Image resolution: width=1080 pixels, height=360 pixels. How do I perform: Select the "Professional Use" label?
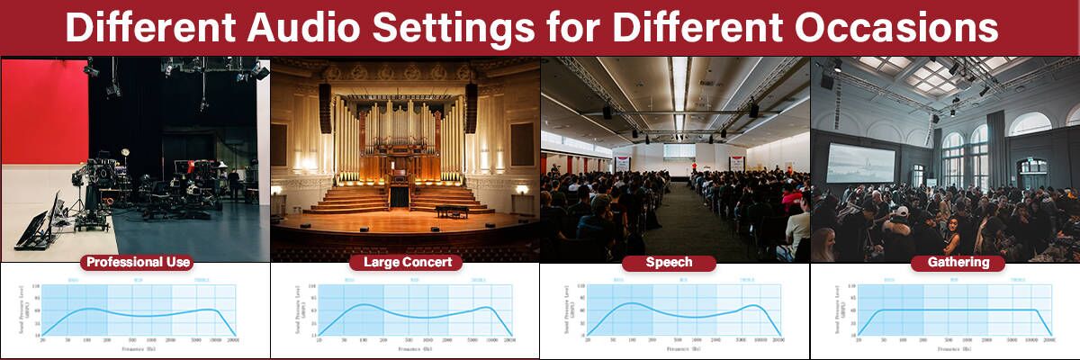pos(136,263)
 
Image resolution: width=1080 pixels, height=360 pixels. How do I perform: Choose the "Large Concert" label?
pos(406,263)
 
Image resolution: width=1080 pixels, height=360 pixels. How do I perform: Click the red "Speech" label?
pos(669,263)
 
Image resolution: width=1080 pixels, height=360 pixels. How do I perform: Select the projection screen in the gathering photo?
pos(861,162)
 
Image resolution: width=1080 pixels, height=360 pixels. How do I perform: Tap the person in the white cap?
pos(901,212)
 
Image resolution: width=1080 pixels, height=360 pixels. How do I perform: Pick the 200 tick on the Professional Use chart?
pos(107,340)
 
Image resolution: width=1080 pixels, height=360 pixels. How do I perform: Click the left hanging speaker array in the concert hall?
pos(325,107)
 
